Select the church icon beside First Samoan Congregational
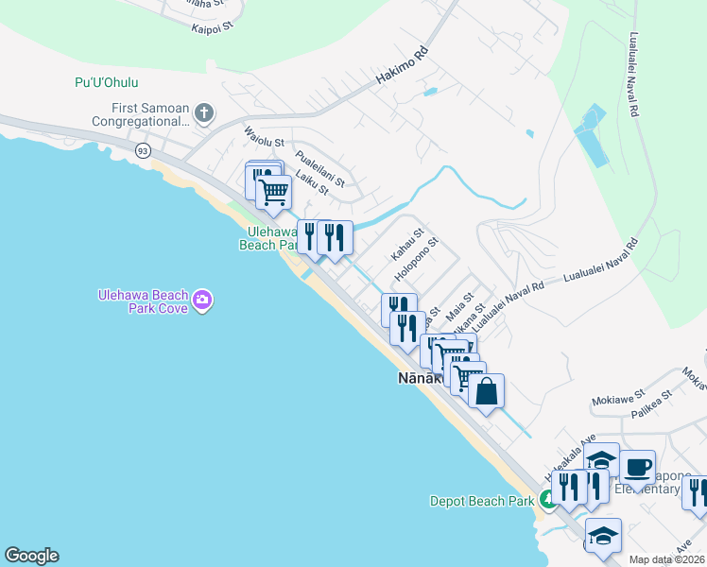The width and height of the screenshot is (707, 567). coord(203,114)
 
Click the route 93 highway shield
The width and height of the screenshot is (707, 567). coord(143,150)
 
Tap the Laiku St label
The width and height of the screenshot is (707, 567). coord(311,182)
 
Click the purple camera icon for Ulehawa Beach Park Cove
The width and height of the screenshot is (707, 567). coord(201,301)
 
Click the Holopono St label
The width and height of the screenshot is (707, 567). coord(417,259)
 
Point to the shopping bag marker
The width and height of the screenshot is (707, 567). coord(486,391)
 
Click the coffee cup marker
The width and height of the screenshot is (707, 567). coord(637,467)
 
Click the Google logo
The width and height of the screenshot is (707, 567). coord(31,556)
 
